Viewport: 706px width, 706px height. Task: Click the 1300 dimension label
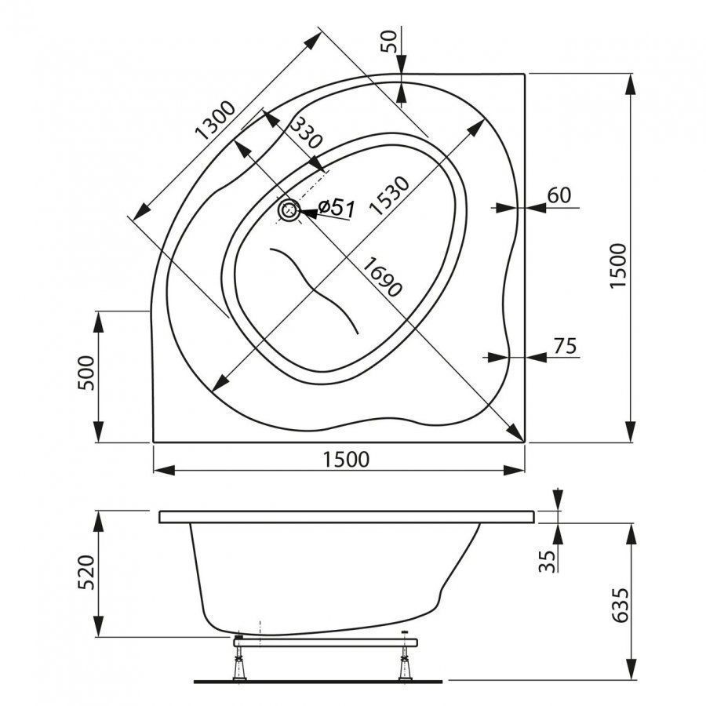point(215,120)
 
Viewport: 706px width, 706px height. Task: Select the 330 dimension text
point(306,133)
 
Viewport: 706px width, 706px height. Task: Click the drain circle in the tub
point(289,209)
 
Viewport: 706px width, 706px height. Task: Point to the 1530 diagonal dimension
point(389,195)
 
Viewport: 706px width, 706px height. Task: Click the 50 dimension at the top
point(389,41)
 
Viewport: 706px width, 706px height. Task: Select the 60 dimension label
point(559,195)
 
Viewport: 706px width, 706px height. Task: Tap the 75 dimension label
point(565,346)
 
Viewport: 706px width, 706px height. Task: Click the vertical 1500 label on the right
point(618,266)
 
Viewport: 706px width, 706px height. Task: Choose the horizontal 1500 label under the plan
point(346,459)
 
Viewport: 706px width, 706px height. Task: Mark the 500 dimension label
point(86,373)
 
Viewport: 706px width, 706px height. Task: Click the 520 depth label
point(86,573)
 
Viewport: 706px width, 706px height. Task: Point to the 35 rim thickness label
point(548,561)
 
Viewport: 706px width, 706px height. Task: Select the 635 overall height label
point(621,605)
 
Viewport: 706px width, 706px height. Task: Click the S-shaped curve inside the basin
point(315,290)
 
